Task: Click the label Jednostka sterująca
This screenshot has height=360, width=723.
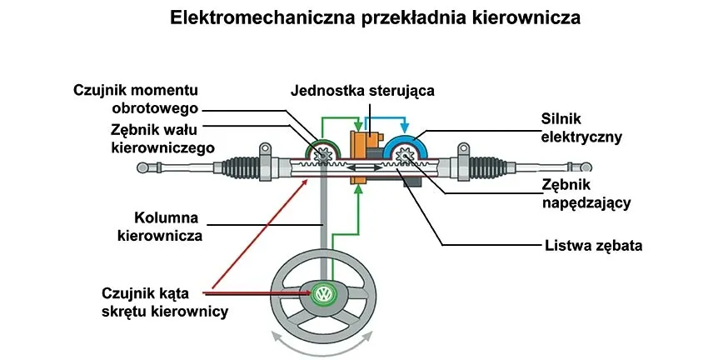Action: (x=362, y=90)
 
